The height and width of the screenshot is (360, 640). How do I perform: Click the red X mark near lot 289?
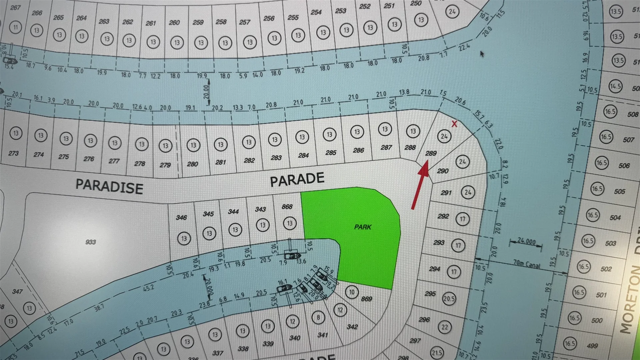(x=454, y=124)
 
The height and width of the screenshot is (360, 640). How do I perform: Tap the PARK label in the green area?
(x=363, y=227)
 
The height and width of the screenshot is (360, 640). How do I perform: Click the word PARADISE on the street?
(x=109, y=186)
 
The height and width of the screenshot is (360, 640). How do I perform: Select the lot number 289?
(x=431, y=153)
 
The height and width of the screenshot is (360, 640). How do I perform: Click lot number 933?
(x=90, y=242)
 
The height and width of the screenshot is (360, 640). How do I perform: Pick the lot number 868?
(x=287, y=207)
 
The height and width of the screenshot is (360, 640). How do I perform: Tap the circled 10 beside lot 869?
(x=352, y=292)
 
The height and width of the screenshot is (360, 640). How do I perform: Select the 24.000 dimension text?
(x=526, y=241)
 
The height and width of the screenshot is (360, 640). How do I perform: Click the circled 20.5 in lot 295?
(x=449, y=299)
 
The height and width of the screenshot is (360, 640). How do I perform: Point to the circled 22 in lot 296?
(x=445, y=327)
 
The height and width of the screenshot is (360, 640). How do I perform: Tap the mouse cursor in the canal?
(x=482, y=53)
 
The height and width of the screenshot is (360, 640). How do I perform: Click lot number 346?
(x=181, y=218)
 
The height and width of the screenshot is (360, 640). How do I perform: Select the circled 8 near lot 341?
(x=318, y=317)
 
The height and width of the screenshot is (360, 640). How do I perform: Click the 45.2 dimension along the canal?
(x=148, y=288)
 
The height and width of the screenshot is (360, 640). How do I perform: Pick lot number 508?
(x=633, y=114)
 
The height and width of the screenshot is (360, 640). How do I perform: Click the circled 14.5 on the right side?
(x=615, y=86)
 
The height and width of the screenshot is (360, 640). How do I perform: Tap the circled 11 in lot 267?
(x=15, y=27)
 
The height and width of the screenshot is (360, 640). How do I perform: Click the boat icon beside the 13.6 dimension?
(x=292, y=256)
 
